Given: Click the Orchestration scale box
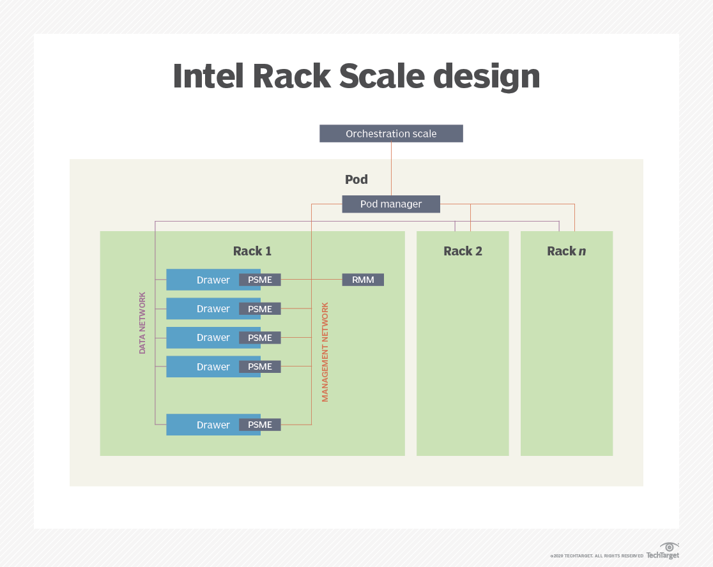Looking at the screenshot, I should tap(391, 133).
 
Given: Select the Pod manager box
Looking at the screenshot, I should tap(391, 204).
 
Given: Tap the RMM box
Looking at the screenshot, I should tap(363, 280).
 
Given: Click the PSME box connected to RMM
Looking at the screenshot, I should tap(260, 280).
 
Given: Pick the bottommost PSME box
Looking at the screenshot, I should tap(260, 425).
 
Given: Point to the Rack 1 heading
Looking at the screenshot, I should tap(252, 251).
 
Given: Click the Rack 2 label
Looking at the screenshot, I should tap(463, 251).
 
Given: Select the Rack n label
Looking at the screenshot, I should tap(566, 251).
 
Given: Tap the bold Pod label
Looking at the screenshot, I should tap(356, 179).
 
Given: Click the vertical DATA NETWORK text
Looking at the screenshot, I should tap(142, 323).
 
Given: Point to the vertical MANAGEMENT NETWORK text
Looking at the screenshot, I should tap(325, 352).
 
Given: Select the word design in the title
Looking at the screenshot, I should tap(486, 77).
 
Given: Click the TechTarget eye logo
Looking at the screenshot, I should tap(670, 547).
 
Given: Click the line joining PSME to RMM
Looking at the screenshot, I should tap(311, 280).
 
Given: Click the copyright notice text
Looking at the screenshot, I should tap(597, 556).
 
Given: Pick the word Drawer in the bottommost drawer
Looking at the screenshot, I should tap(213, 425).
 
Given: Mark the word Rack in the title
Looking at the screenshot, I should tap(291, 77).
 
